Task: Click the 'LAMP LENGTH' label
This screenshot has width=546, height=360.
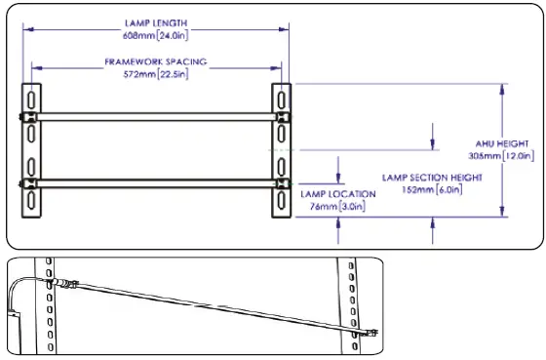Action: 156,21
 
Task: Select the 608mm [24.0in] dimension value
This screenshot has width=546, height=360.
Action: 156,33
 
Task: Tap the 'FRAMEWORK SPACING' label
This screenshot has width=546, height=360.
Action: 156,60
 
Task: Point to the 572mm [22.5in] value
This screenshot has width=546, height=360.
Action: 156,72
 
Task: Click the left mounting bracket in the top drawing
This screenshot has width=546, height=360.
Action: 32,151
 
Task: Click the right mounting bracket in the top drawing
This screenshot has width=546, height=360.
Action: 281,151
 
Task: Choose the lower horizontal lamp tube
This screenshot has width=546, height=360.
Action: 156,182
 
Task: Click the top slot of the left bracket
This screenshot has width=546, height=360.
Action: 32,101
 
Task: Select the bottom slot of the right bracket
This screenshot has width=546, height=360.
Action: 281,201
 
